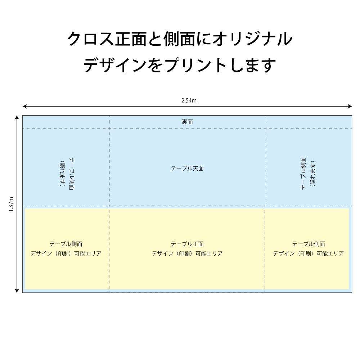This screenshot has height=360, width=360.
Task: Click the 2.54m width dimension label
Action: click(189, 100)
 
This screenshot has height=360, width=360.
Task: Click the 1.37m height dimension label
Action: click(11, 204)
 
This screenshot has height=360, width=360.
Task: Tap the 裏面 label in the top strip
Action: click(187, 122)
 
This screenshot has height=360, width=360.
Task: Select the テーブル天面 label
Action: click(187, 168)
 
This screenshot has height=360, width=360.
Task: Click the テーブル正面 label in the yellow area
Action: click(187, 244)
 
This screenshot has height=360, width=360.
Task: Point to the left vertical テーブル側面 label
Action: click(72, 174)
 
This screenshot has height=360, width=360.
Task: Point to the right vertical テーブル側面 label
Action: click(303, 174)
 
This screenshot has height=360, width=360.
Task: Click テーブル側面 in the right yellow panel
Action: click(309, 244)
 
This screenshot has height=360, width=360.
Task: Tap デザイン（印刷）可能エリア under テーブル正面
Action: click(187, 253)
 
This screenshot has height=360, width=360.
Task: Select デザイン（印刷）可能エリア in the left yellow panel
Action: click(66, 253)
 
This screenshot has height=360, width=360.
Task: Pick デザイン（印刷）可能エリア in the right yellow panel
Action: click(309, 253)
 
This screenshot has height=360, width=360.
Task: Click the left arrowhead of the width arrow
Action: click(24, 106)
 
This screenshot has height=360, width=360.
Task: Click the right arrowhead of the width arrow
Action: click(350, 106)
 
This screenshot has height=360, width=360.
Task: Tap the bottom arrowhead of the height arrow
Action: click(17, 291)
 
